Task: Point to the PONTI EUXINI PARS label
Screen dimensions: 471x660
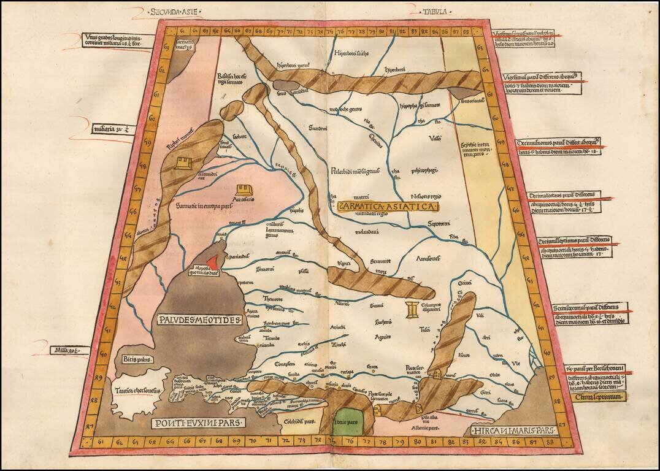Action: pyautogui.click(x=198, y=423)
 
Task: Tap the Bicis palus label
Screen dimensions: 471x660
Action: pyautogui.click(x=137, y=359)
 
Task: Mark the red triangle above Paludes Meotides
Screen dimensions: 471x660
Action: pyautogui.click(x=212, y=262)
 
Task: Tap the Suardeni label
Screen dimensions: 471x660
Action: pyautogui.click(x=318, y=128)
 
